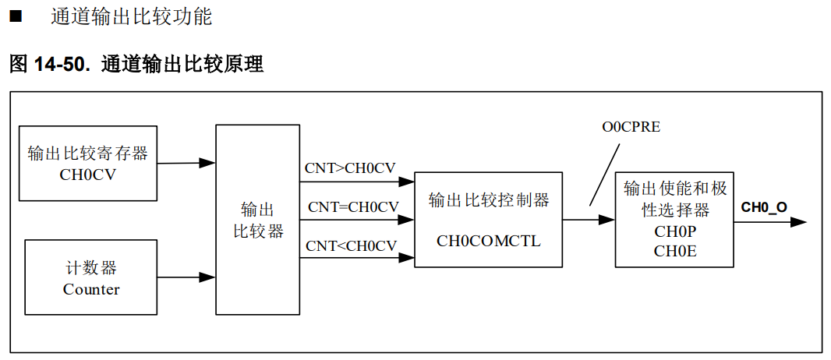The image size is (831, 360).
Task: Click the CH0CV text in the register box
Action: tap(87, 175)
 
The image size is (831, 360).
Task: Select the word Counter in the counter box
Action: tap(91, 289)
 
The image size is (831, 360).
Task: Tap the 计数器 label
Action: tap(91, 268)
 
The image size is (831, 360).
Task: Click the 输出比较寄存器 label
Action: tap(87, 153)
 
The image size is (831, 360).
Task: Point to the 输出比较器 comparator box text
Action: tap(258, 221)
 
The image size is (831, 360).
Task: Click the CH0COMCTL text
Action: tap(488, 241)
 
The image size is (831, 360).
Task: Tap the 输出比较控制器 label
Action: tap(489, 200)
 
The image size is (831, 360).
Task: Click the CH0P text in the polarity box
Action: tap(674, 232)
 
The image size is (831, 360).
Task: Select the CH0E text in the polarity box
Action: tap(674, 250)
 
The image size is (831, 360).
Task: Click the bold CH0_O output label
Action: tap(763, 206)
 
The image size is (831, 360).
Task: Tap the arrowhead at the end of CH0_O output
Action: tap(798, 221)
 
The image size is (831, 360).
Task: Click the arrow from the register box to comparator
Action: tap(187, 163)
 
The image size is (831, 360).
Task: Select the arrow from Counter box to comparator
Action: tap(187, 277)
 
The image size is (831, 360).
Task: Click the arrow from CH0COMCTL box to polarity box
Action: tap(589, 220)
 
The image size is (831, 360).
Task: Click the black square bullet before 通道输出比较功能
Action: tap(15, 16)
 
